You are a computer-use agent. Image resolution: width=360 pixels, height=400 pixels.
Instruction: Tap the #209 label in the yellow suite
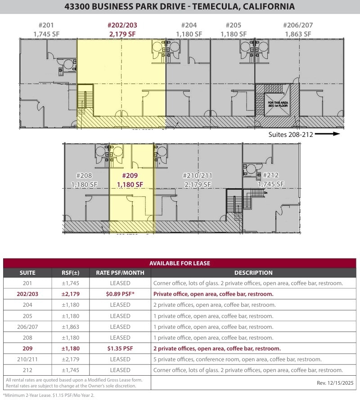[130, 176]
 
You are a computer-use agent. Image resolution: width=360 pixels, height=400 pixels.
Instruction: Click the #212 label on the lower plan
[271, 175]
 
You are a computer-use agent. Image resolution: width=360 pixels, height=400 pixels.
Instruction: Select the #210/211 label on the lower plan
[198, 176]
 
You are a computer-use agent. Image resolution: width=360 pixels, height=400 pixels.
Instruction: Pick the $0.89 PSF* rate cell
[120, 294]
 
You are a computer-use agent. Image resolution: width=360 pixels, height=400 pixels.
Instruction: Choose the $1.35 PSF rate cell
[120, 349]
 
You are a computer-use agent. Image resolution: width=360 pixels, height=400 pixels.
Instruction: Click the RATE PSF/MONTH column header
[120, 273]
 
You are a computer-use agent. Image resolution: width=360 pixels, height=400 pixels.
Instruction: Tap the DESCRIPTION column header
[253, 273]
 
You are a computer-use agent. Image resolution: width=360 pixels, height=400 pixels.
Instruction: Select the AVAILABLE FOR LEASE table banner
[180, 264]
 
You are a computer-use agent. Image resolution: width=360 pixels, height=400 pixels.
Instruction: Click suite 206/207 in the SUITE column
[27, 327]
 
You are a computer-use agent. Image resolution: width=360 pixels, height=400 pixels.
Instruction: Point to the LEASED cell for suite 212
[120, 370]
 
